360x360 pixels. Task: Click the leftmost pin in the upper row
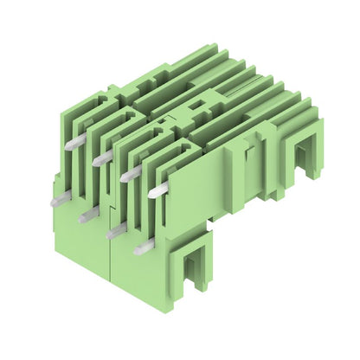(74, 143)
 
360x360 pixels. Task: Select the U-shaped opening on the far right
(302, 159)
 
